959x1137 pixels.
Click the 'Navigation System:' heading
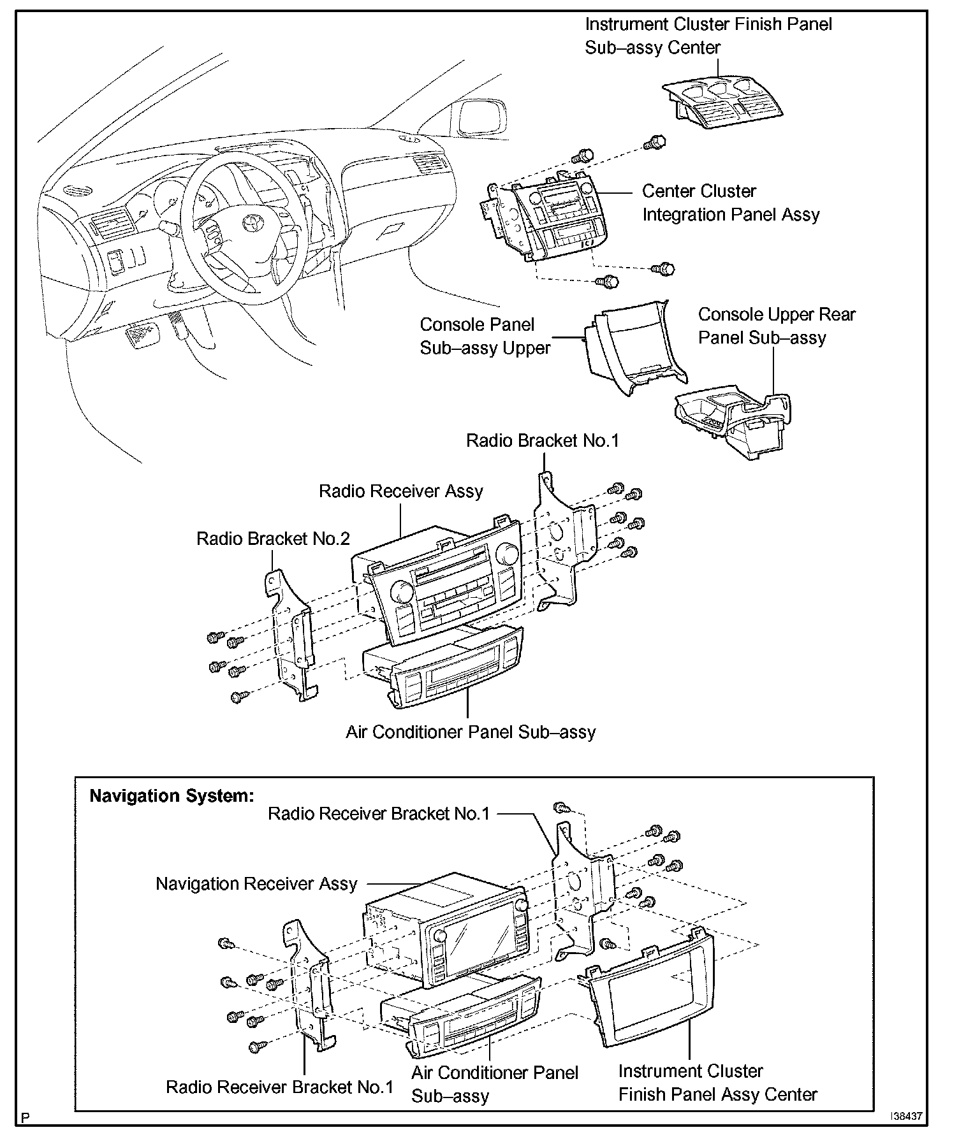tap(172, 795)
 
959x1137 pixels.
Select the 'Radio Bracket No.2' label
tap(273, 539)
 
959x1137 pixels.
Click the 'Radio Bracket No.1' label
tap(542, 440)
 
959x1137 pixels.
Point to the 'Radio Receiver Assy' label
tap(400, 491)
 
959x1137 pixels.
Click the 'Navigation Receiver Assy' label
tap(256, 884)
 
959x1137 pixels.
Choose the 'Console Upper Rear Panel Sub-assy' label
tap(776, 326)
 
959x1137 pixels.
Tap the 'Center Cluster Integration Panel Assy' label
tap(730, 203)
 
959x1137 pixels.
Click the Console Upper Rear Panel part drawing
tap(733, 421)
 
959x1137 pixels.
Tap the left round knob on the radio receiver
tap(403, 592)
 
